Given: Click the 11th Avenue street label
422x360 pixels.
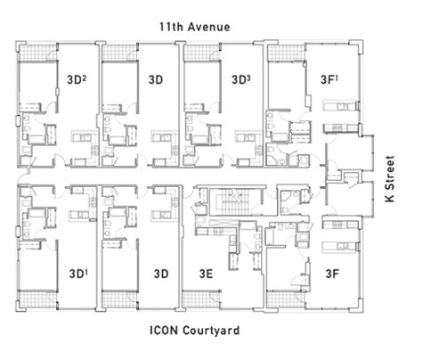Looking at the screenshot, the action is pyautogui.click(x=195, y=27).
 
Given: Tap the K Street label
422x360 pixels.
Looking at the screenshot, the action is pyautogui.click(x=390, y=179).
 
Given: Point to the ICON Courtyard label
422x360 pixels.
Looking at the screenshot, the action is pyautogui.click(x=195, y=331).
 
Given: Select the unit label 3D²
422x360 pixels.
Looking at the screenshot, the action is pyautogui.click(x=77, y=79).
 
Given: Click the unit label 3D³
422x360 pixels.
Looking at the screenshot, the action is pyautogui.click(x=241, y=79).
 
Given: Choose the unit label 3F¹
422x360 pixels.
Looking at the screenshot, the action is pyautogui.click(x=329, y=79).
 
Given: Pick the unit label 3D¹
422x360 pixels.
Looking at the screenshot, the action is pyautogui.click(x=78, y=274).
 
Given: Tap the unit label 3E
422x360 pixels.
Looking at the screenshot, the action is pyautogui.click(x=206, y=274).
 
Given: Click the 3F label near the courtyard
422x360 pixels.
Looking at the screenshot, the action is pyautogui.click(x=332, y=274).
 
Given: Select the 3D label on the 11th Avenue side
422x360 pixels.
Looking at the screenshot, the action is pyautogui.click(x=156, y=79).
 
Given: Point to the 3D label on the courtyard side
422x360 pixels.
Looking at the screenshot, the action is pyautogui.click(x=161, y=274).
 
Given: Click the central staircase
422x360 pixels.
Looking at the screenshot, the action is pyautogui.click(x=236, y=201).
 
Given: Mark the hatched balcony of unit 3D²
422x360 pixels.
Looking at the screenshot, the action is pyautogui.click(x=37, y=53).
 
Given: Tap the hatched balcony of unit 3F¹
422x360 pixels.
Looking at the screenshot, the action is pyautogui.click(x=287, y=53).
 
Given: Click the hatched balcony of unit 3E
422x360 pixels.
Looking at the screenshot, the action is pyautogui.click(x=202, y=299).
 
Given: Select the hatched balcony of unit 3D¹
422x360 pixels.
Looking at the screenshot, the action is pyautogui.click(x=37, y=299).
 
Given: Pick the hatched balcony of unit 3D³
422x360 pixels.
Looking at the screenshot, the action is pyautogui.click(x=202, y=53).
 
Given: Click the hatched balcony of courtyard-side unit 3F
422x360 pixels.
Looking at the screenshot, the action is pyautogui.click(x=286, y=299).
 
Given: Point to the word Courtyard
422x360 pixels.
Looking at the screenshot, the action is pyautogui.click(x=211, y=331).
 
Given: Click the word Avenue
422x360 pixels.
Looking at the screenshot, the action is pyautogui.click(x=209, y=27).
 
